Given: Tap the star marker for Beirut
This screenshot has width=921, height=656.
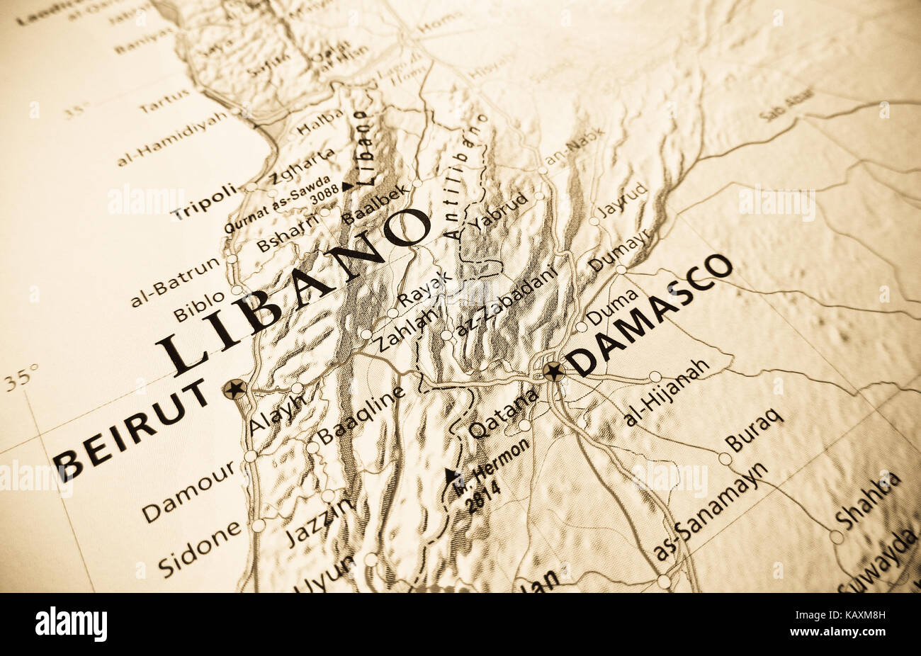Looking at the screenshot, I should click(235, 388).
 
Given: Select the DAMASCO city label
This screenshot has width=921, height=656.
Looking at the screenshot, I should click(650, 314).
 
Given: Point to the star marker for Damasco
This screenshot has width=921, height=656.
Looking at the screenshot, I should click(553, 371).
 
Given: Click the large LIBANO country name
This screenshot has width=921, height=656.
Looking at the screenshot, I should click(293, 291).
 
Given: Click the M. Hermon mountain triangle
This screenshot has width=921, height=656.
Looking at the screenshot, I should click(451, 475).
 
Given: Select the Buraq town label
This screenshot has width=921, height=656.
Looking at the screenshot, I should click(754, 429).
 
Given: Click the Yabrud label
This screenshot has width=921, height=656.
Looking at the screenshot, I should click(498, 210).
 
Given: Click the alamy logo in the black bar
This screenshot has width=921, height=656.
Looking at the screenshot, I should click(72, 625).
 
